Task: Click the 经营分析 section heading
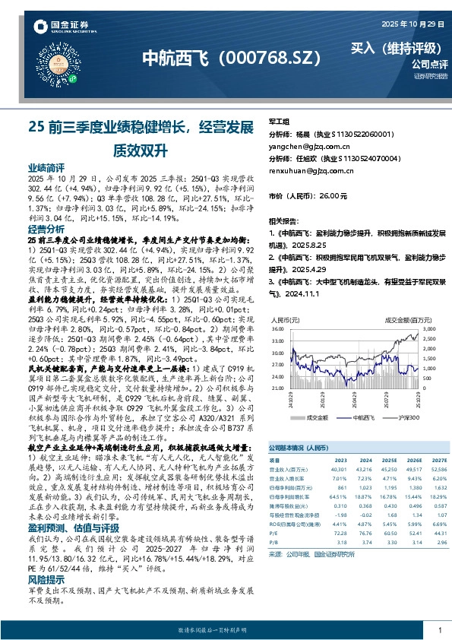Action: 46,229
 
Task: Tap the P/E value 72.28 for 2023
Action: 340,534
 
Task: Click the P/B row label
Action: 274,543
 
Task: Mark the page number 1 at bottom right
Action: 439,630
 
